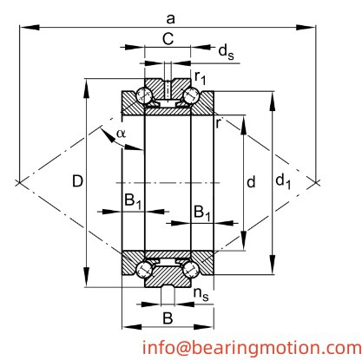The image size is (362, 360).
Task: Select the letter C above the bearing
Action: click(x=168, y=40)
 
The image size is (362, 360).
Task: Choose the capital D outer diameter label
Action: click(x=77, y=182)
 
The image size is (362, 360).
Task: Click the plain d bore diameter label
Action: click(x=251, y=182)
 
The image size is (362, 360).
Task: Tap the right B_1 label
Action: click(x=201, y=211)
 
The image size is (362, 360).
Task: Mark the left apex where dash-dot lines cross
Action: click(x=18, y=182)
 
